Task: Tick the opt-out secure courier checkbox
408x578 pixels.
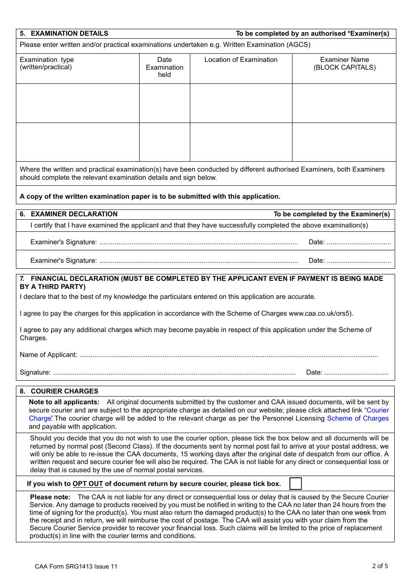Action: coord(295,483)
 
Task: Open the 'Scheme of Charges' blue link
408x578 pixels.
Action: coord(358,418)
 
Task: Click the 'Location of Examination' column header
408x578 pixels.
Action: coord(241,60)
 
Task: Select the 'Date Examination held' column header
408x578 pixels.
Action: coord(164,68)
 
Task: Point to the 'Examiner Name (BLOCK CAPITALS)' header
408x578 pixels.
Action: coord(344,64)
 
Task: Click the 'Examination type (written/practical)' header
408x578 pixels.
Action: coord(47,64)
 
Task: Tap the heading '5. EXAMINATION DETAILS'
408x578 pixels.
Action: coord(64,34)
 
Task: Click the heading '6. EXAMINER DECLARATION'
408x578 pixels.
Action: coord(69,214)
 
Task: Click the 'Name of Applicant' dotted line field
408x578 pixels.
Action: coord(228,355)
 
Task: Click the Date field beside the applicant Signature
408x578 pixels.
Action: coord(356,373)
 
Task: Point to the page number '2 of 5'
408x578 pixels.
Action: coord(380,566)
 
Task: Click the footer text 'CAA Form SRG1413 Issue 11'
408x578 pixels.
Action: coord(76,566)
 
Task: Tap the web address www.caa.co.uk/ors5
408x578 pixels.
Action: coord(320,314)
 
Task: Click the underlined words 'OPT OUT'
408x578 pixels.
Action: coord(88,484)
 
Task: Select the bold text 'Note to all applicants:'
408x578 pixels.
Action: coord(64,402)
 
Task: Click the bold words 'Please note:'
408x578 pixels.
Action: coord(50,497)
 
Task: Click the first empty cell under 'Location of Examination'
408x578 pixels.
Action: coord(241,103)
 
